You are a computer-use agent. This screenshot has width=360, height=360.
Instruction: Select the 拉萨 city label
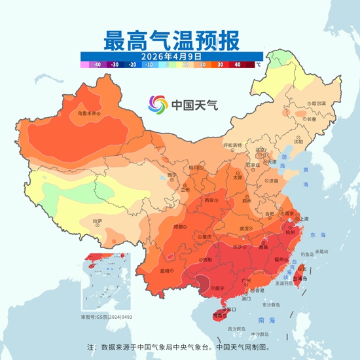pos(98,221)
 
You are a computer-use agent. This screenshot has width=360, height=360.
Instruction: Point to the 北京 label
pos(261,149)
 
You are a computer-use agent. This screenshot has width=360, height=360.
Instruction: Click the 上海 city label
pos(304,219)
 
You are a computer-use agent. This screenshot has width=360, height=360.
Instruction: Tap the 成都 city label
pos(178,226)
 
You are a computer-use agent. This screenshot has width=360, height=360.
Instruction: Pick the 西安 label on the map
pos(209,200)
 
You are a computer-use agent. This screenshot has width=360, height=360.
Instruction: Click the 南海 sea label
pos(266,320)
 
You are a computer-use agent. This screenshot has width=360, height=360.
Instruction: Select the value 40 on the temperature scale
pos(238,65)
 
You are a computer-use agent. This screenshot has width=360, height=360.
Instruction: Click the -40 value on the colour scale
pos(96,65)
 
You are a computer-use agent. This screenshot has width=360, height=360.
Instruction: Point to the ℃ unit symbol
pos(258,65)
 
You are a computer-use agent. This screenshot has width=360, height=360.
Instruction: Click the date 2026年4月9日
pos(173,56)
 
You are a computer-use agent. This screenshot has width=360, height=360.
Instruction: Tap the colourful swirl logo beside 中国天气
pos(158,104)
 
